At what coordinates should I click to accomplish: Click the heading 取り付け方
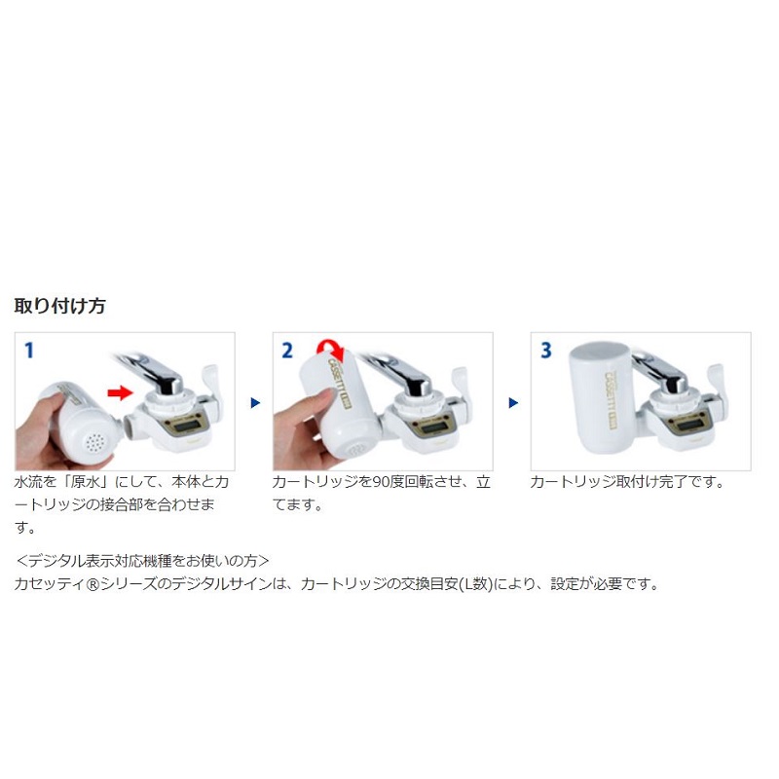(x=59, y=306)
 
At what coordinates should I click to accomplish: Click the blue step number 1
(x=29, y=351)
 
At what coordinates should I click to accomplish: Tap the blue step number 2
(x=287, y=351)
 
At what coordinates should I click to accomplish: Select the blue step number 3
(x=546, y=351)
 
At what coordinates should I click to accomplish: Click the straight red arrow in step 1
(x=120, y=393)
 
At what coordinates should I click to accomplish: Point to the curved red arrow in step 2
(x=330, y=350)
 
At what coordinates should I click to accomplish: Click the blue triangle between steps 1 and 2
(x=255, y=402)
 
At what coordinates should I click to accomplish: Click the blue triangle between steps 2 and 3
(x=514, y=402)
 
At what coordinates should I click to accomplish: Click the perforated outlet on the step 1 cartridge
(x=94, y=441)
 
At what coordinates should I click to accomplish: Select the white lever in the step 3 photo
(x=716, y=382)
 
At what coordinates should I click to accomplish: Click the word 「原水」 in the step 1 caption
(x=87, y=482)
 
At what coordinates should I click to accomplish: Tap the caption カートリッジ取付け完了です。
(x=628, y=482)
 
